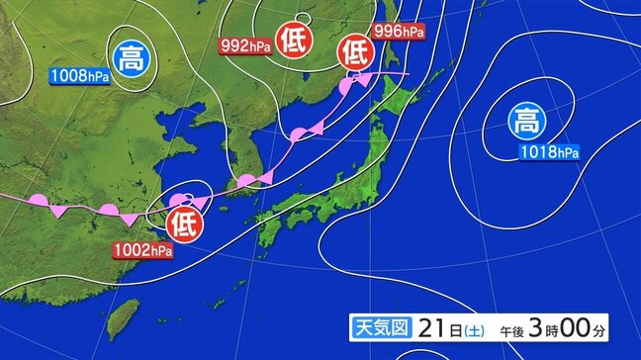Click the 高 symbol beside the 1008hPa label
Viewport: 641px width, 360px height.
130,55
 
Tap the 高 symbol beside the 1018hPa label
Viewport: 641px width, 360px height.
526,123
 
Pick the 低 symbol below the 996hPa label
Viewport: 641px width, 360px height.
355,51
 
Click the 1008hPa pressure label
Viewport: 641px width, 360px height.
80,75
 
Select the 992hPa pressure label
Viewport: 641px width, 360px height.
245,44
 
